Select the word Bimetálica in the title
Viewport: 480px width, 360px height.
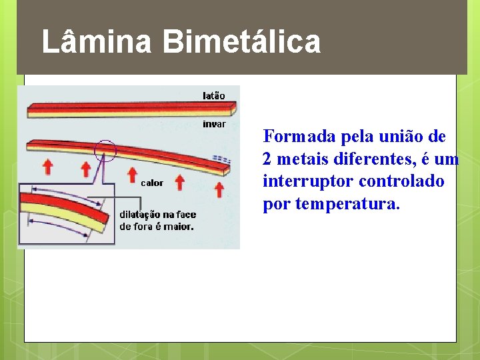(x=241, y=42)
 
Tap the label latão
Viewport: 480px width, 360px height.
(x=213, y=95)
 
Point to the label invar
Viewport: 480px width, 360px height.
(x=214, y=123)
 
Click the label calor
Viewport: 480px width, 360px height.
(x=152, y=183)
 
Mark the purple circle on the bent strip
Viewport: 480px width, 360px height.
(x=105, y=151)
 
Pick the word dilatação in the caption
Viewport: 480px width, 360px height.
(x=141, y=215)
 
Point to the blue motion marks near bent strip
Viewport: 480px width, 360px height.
(x=222, y=159)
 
